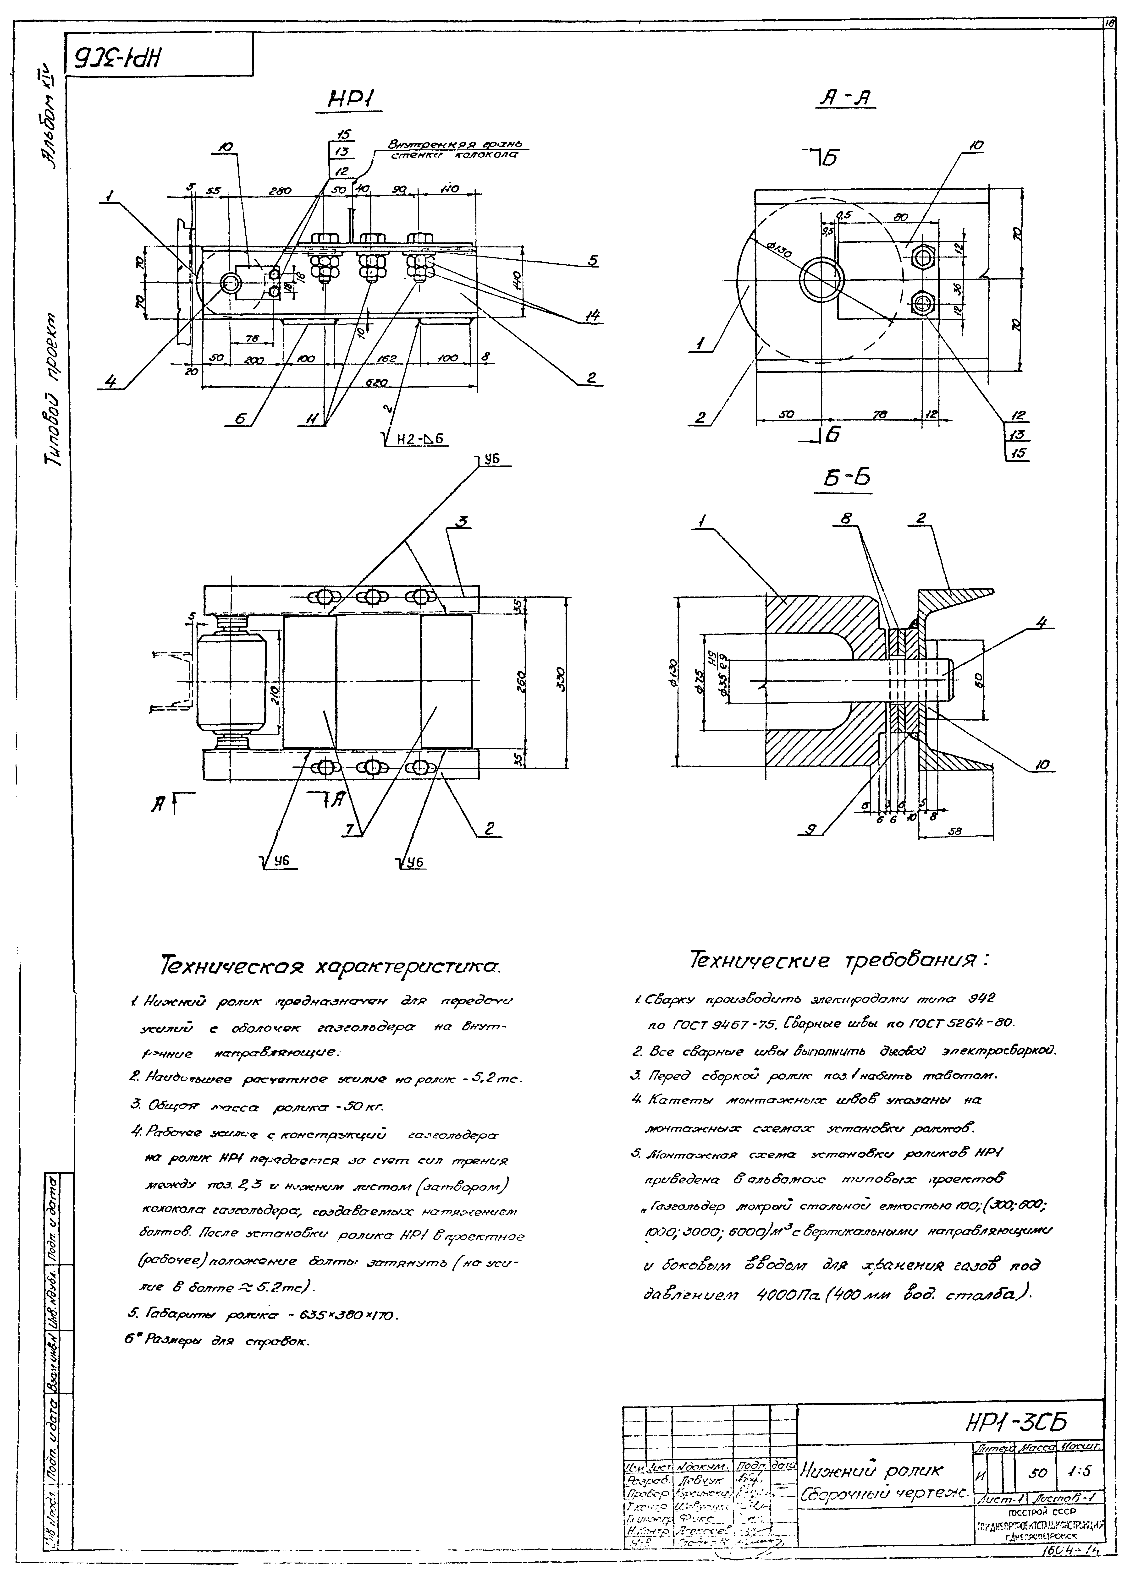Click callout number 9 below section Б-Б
point(811,830)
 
